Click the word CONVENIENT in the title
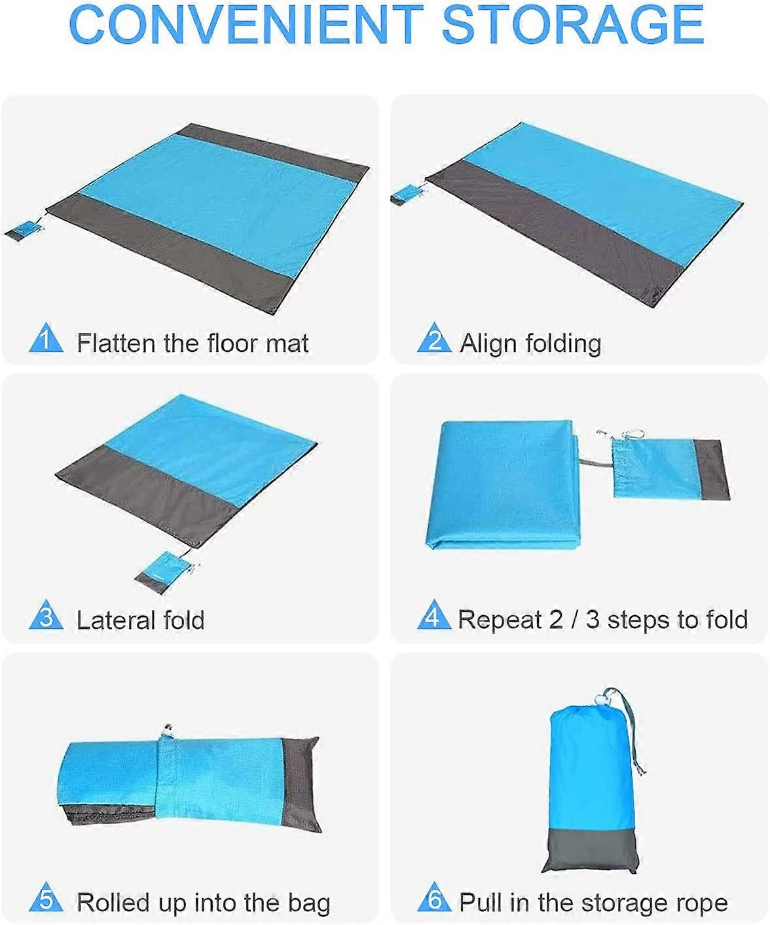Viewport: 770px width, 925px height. [x=245, y=25]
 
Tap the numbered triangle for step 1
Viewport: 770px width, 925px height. [x=46, y=339]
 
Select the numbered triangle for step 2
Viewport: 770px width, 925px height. [x=434, y=339]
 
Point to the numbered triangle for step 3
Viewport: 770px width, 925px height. [x=46, y=616]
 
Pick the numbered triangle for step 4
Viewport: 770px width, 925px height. [x=434, y=616]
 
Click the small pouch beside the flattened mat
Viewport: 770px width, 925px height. [x=24, y=230]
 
